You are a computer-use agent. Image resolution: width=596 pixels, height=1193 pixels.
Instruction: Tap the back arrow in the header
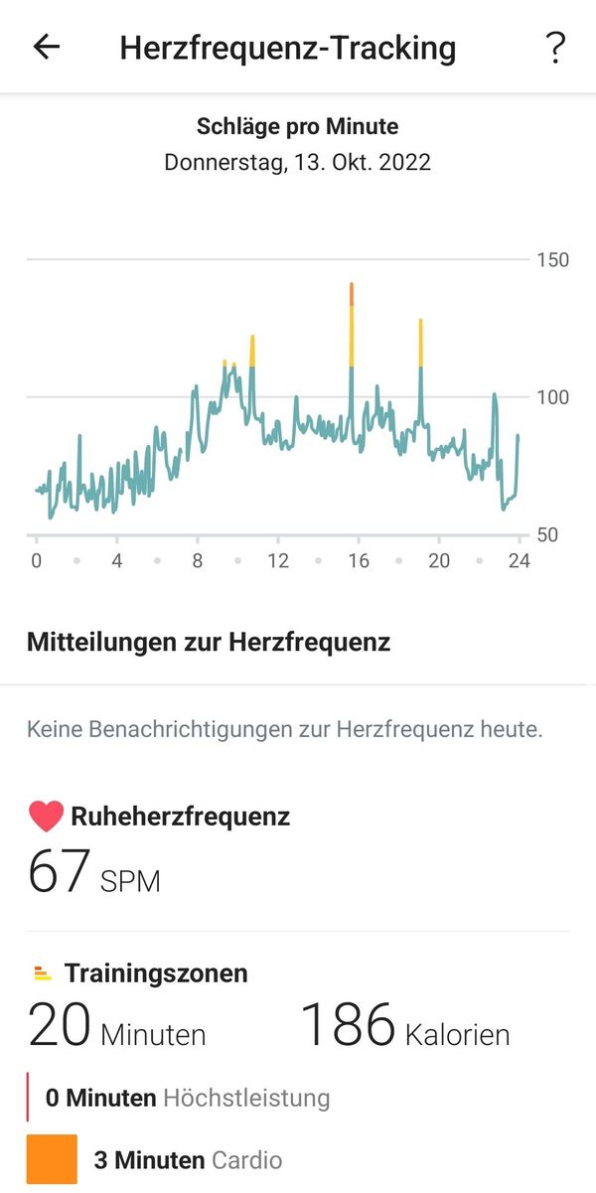[47, 47]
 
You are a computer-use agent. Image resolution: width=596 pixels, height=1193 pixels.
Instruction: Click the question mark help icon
[555, 48]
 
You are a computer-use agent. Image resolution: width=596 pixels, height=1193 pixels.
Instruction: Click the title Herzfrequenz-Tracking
[288, 48]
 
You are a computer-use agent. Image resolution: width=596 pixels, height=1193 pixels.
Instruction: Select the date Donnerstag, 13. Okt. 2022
[298, 162]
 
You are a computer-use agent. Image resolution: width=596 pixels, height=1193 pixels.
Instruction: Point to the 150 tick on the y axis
[552, 260]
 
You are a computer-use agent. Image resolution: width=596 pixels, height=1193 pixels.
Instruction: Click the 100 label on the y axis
[552, 397]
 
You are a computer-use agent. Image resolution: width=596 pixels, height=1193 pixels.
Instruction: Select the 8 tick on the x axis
[198, 561]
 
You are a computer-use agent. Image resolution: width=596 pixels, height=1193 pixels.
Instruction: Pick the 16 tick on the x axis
[359, 561]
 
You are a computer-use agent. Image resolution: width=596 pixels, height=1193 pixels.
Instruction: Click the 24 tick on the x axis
[519, 561]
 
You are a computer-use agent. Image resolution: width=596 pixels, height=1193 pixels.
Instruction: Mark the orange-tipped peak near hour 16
[352, 288]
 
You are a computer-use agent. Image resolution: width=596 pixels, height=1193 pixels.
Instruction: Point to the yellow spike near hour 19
[421, 338]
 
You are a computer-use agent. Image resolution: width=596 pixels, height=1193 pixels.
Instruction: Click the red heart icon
[46, 817]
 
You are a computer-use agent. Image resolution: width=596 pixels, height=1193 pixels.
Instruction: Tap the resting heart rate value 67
[60, 871]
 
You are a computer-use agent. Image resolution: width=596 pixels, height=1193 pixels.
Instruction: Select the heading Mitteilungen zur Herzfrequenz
[209, 642]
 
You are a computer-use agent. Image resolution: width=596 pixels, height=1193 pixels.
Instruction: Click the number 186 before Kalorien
[349, 1024]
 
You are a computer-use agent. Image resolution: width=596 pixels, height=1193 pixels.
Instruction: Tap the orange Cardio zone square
[52, 1159]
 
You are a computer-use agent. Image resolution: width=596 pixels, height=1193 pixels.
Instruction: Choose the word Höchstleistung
[246, 1098]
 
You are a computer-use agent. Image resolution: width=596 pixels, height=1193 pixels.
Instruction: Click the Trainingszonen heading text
[156, 973]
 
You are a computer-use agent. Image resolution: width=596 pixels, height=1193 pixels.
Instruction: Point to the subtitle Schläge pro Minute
[298, 127]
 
